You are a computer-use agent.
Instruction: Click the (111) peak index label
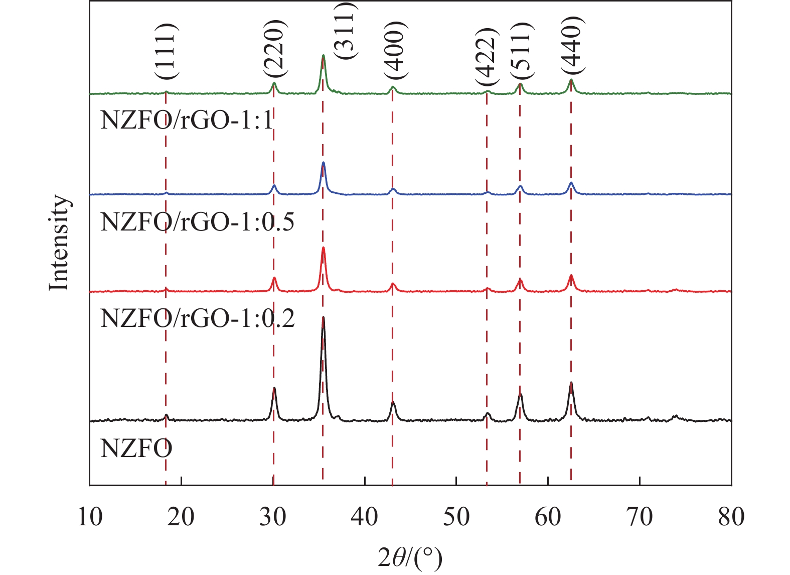click(x=166, y=51)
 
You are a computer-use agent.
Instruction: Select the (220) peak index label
click(x=274, y=48)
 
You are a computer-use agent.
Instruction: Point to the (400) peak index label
click(x=393, y=50)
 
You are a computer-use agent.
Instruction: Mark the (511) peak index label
click(x=522, y=51)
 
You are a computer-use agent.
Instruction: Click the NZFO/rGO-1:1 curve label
click(x=187, y=121)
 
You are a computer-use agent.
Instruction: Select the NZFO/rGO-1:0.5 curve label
click(x=197, y=221)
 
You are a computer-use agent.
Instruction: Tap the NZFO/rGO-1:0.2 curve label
click(x=197, y=318)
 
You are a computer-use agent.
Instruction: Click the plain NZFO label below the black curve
click(x=136, y=448)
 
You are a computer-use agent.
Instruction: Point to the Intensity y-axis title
click(x=59, y=243)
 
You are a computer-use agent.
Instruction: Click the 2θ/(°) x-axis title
click(x=410, y=558)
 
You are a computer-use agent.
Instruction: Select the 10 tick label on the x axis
click(x=90, y=517)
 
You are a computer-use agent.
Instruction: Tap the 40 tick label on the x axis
click(x=365, y=517)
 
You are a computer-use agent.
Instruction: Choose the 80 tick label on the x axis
click(x=731, y=517)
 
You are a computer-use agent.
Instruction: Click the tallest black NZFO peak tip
click(x=323, y=317)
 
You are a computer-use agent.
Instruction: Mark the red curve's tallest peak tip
click(x=323, y=248)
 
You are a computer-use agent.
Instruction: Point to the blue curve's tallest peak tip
click(x=323, y=163)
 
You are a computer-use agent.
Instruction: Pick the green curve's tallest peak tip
click(x=323, y=55)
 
